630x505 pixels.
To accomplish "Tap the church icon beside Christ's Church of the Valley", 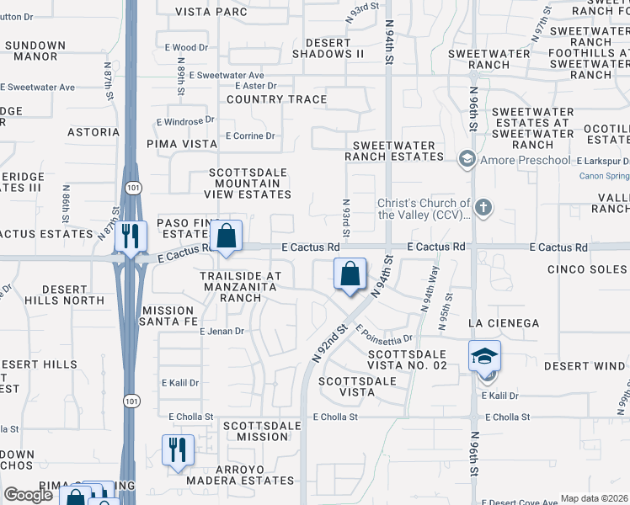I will (x=483, y=206).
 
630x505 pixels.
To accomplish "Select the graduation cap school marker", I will (x=485, y=356).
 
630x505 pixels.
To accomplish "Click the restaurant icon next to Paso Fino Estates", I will (x=129, y=236).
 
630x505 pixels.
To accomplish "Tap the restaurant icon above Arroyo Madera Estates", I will (x=178, y=449).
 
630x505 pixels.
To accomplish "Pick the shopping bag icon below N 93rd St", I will (x=350, y=274).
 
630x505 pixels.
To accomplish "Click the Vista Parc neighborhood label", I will (x=211, y=12).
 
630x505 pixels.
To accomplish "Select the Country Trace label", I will (x=276, y=99).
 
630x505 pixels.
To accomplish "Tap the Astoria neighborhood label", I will (x=93, y=132).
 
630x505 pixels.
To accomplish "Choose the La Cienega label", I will (x=504, y=323).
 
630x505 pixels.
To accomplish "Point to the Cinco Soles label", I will (x=587, y=269).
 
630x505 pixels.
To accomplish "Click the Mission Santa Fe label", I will (x=168, y=316).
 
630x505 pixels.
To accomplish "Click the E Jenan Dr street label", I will (x=222, y=332).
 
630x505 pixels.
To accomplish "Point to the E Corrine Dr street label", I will (x=250, y=136).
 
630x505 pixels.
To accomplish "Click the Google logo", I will (x=28, y=495).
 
